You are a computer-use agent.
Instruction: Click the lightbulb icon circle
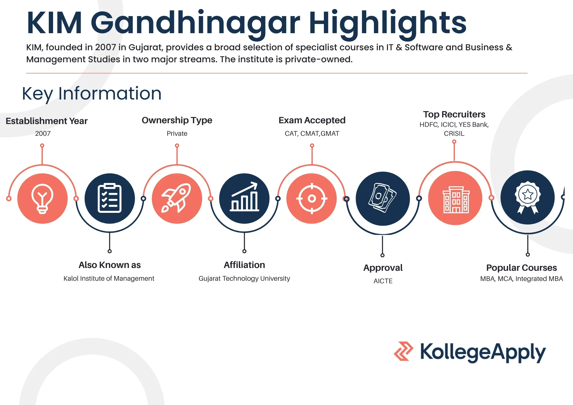(x=42, y=198)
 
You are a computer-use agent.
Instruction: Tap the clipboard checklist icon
(x=109, y=198)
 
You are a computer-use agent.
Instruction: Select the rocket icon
(x=177, y=198)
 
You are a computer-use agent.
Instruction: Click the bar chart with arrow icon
(x=244, y=198)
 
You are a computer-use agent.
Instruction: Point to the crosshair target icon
(x=312, y=198)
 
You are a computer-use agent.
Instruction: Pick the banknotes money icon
(x=383, y=198)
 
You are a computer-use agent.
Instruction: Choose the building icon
(x=455, y=198)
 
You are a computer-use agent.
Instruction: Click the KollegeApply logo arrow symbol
(x=404, y=351)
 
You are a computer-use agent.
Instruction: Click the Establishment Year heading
(x=46, y=121)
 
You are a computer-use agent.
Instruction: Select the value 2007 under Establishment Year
(x=43, y=133)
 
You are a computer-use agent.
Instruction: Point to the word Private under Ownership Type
(x=177, y=133)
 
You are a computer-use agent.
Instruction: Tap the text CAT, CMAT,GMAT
(x=312, y=133)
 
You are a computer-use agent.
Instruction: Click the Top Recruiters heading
(x=454, y=114)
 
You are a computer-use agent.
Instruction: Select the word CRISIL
(x=454, y=133)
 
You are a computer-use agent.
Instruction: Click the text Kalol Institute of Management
(x=109, y=278)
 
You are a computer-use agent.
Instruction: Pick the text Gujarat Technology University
(x=244, y=278)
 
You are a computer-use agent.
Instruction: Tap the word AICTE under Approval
(x=383, y=281)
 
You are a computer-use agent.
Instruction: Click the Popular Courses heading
(x=521, y=267)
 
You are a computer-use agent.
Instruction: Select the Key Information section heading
(x=92, y=93)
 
